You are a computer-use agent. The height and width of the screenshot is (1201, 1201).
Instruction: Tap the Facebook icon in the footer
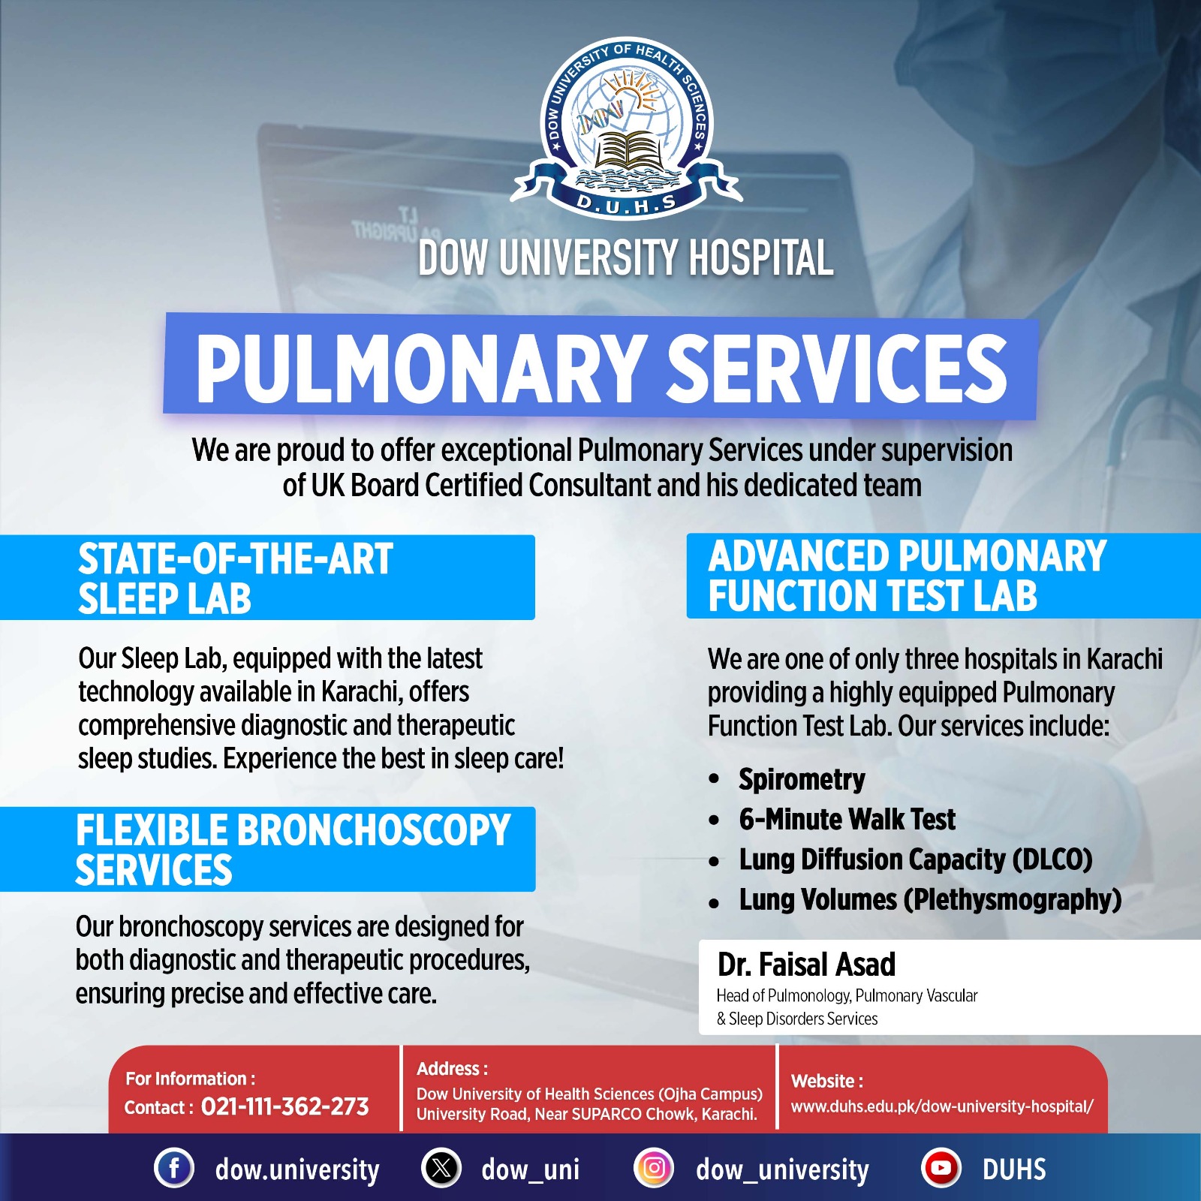(174, 1168)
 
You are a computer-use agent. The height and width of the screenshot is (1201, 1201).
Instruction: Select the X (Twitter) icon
(441, 1168)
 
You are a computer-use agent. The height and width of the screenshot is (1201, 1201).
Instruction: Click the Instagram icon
(654, 1168)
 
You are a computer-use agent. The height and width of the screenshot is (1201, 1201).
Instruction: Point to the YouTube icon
(941, 1168)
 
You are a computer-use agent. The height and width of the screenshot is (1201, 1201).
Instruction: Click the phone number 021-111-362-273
(285, 1106)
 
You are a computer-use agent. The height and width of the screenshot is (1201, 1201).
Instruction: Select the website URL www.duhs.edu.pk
(942, 1106)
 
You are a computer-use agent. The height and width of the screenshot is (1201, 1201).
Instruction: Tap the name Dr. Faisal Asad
(806, 965)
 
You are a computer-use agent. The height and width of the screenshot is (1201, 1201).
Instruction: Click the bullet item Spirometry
(802, 779)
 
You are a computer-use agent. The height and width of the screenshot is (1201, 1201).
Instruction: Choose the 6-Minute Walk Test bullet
(847, 819)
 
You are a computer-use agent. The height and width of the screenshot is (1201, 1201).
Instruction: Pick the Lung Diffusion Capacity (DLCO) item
(915, 859)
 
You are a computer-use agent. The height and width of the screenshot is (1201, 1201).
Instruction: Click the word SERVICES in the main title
(837, 368)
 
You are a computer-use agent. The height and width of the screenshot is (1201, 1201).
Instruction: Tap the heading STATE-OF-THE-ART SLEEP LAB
(235, 578)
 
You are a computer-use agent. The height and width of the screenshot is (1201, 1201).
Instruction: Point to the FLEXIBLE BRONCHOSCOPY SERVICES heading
(293, 850)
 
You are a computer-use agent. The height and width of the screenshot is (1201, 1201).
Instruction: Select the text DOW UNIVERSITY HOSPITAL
(626, 257)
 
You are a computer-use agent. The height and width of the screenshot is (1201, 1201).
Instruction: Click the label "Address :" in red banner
(452, 1068)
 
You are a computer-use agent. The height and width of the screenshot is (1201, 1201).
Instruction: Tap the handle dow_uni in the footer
(530, 1169)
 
